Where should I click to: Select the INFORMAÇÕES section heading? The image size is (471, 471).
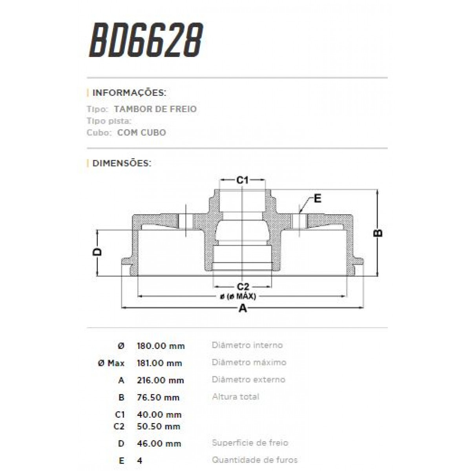tap(129, 93)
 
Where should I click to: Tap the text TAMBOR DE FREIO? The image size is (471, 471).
tap(155, 109)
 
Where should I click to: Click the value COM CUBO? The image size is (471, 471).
tap(141, 133)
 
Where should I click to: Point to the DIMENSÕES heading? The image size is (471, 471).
tap(121, 163)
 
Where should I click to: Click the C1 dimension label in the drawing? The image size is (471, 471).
tap(243, 180)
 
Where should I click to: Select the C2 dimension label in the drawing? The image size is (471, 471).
tap(243, 286)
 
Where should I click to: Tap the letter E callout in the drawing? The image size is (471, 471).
tap(318, 199)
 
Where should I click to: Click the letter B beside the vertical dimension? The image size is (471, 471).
tap(378, 233)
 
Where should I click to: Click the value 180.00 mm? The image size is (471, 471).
tap(161, 346)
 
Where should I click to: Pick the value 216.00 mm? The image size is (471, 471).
tap(160, 380)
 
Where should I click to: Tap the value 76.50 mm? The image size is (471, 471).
tap(158, 398)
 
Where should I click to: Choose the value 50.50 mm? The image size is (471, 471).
tap(158, 426)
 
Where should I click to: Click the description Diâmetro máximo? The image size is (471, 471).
tap(249, 362)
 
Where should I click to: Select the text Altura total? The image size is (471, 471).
tap(235, 397)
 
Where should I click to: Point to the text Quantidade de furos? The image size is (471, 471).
tap(254, 460)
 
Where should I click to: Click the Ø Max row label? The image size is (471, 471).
tap(111, 363)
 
